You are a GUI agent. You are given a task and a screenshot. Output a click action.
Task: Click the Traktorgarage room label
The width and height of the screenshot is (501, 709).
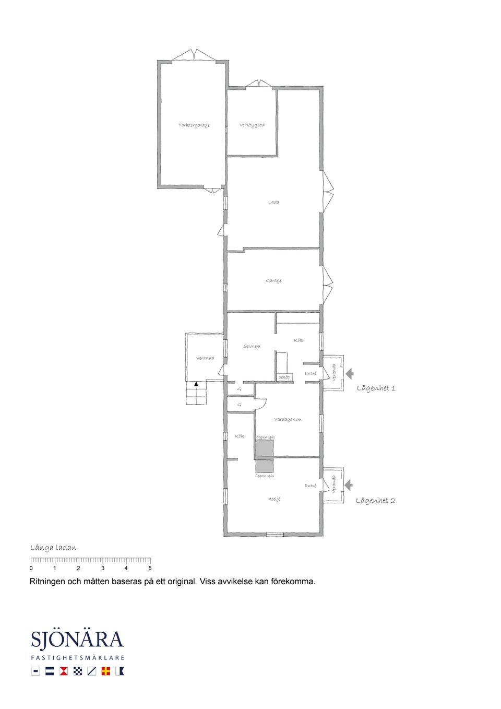194,125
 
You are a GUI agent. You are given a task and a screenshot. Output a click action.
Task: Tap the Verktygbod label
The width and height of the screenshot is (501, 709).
252,125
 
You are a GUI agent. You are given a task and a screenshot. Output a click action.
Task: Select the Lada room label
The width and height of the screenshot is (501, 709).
273,202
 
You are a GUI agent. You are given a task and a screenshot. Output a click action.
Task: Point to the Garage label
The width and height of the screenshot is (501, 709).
273,281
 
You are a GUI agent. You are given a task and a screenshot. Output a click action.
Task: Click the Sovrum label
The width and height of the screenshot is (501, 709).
252,346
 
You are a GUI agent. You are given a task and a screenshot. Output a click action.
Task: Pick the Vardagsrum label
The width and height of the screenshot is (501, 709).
288,419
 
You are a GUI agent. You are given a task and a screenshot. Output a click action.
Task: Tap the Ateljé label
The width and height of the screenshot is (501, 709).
274,499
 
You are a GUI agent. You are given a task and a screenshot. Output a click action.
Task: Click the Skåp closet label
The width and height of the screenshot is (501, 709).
284,377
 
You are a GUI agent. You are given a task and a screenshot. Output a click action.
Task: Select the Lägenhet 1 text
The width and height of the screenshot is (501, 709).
376,388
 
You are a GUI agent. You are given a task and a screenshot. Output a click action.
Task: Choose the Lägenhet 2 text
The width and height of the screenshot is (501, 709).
375,501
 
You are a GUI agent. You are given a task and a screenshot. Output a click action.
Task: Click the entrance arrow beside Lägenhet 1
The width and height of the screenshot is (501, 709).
350,373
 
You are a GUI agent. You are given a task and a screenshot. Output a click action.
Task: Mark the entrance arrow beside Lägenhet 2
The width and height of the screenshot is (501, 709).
349,485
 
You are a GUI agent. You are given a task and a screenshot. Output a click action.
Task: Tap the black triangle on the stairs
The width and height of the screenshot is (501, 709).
196,384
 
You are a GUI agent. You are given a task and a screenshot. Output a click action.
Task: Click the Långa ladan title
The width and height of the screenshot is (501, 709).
53,548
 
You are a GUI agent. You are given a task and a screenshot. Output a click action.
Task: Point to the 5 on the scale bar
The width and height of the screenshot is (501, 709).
150,568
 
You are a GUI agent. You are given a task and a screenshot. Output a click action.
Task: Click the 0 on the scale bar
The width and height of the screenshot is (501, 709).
31,568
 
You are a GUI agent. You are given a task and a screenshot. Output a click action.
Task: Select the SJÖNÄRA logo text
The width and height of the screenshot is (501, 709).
77,640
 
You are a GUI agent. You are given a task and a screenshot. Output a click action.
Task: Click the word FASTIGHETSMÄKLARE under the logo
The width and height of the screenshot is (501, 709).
77,658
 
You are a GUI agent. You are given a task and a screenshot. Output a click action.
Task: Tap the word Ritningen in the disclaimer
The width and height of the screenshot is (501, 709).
48,581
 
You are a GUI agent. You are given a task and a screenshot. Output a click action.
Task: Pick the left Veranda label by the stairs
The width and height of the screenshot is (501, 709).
205,358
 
